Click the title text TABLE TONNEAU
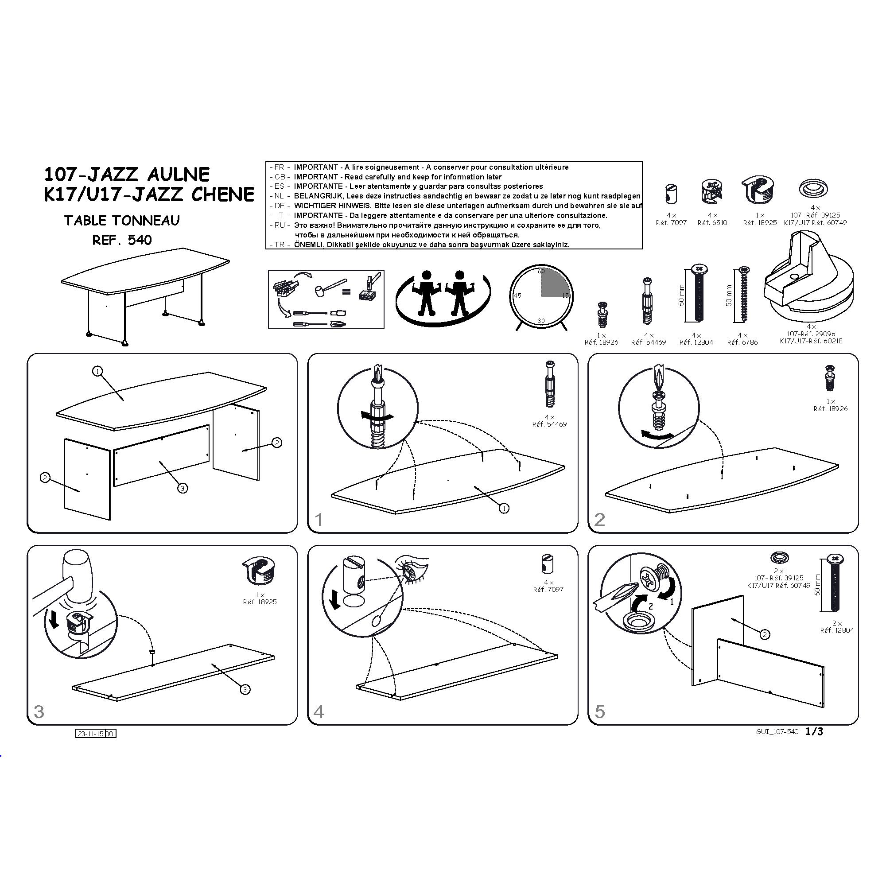(122, 221)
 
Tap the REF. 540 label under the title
(122, 240)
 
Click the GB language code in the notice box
(279, 177)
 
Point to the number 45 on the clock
(517, 296)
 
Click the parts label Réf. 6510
(712, 223)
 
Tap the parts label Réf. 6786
(742, 342)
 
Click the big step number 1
(319, 520)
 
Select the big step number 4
(319, 712)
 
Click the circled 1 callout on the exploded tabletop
(97, 372)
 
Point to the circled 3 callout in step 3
(245, 689)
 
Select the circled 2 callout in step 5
(765, 635)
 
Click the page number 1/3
(815, 731)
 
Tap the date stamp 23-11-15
(91, 734)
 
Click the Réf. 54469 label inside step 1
(549, 424)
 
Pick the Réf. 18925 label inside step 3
(260, 602)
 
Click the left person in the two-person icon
(427, 292)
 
